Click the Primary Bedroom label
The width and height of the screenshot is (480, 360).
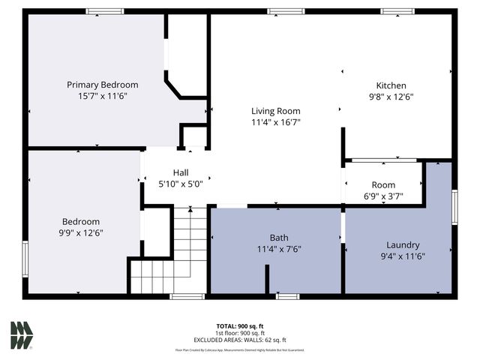[103, 85]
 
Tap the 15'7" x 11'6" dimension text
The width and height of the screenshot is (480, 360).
[103, 97]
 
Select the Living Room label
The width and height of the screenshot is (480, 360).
[275, 110]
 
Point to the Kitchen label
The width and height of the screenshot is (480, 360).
[391, 85]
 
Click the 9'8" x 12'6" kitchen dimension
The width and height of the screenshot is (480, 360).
[391, 97]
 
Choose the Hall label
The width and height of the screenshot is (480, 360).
[181, 172]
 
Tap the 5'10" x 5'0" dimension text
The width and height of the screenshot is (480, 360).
[181, 183]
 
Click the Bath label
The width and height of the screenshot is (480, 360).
[279, 238]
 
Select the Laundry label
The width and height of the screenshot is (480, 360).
[403, 245]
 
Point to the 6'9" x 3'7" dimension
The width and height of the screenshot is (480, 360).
[383, 196]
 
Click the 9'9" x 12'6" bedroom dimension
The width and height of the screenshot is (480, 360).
[82, 233]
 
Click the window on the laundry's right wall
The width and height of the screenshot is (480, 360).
[454, 207]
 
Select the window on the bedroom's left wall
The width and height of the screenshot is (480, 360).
[25, 259]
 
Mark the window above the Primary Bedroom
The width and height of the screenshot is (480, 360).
[104, 11]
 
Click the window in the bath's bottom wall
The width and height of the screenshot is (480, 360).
[287, 296]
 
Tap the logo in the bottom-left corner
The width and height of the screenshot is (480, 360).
[21, 334]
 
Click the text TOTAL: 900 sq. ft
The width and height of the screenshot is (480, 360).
[240, 326]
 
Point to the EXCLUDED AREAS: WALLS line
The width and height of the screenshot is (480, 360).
[240, 340]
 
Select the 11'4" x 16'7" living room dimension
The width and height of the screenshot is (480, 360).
[275, 121]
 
